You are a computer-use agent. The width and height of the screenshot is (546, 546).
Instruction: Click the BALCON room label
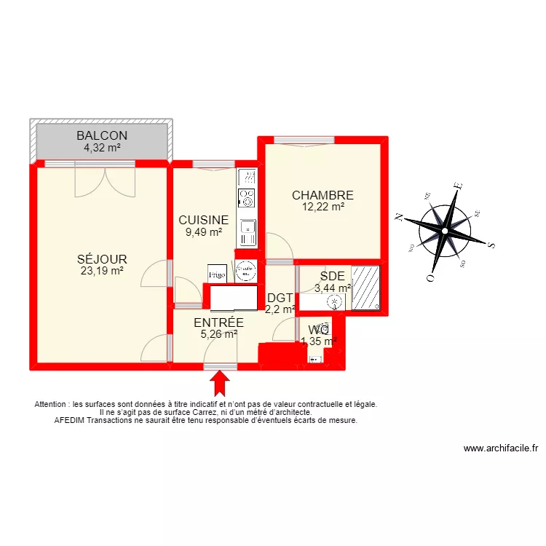pyautogui.click(x=102, y=135)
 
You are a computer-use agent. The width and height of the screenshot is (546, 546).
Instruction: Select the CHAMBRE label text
pyautogui.click(x=323, y=195)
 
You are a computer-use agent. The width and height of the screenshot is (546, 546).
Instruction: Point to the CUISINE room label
pyautogui.click(x=204, y=220)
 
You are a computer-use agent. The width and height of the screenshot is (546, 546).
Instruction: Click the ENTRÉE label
pyautogui.click(x=218, y=323)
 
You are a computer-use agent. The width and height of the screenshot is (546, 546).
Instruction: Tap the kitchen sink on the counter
pyautogui.click(x=248, y=232)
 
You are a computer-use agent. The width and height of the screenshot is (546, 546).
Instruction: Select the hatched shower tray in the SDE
pyautogui.click(x=366, y=288)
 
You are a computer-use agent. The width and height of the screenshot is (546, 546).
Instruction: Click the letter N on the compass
pyautogui.click(x=400, y=216)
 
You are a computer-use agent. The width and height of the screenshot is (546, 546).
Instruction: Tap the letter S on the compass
pyautogui.click(x=491, y=245)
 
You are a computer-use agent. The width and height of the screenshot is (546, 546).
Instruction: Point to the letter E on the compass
pyautogui.click(x=457, y=186)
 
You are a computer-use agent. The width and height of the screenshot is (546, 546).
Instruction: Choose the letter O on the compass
pyautogui.click(x=431, y=278)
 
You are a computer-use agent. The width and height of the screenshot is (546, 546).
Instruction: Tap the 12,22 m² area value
pyautogui.click(x=323, y=207)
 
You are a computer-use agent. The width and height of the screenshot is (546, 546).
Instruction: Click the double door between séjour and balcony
pyautogui.click(x=105, y=181)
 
